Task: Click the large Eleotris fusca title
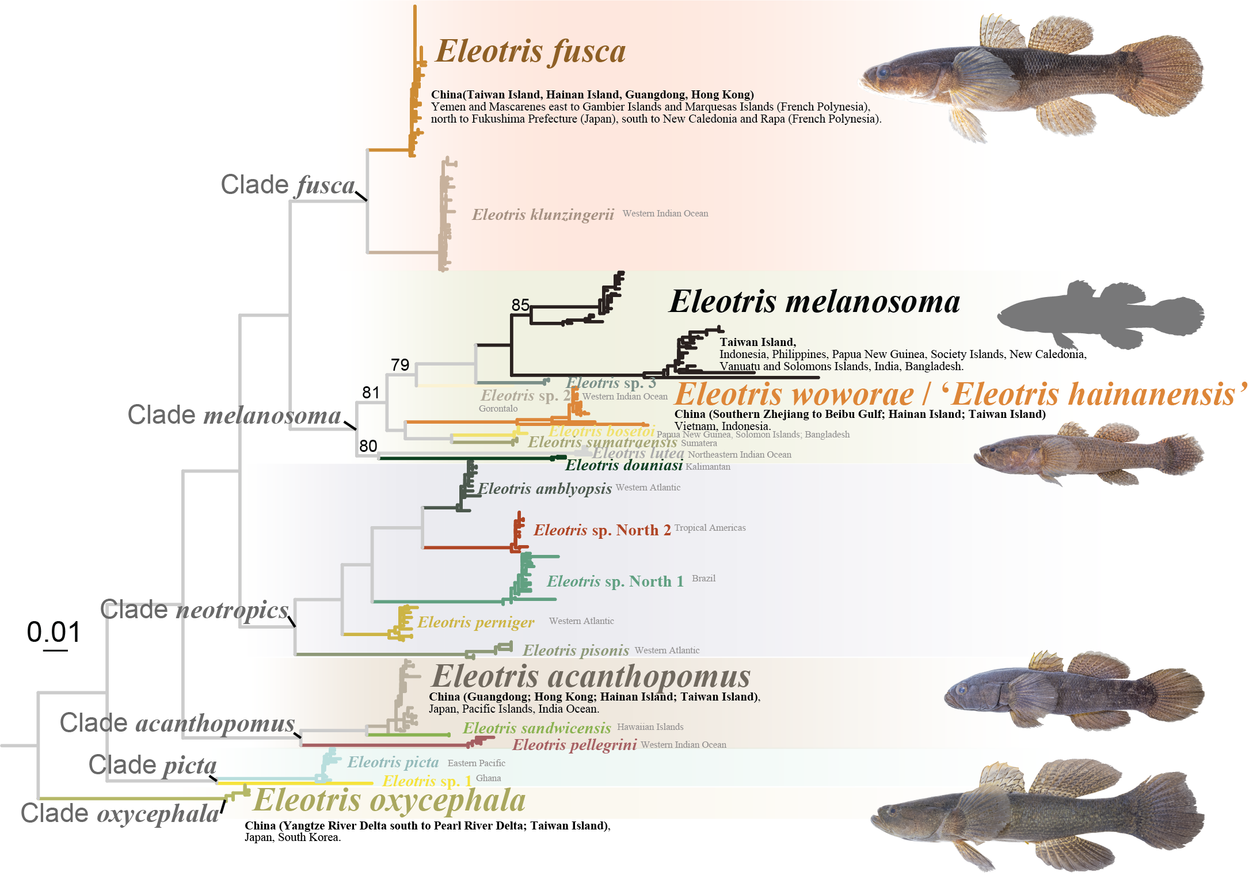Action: coord(530,52)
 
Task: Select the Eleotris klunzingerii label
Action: coord(543,215)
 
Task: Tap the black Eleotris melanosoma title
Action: coord(814,302)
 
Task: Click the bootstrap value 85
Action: coord(520,305)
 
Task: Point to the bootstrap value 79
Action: coord(400,365)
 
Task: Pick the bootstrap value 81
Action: coord(371,393)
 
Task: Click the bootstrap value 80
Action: coord(368,446)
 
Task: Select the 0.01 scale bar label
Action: coord(54,632)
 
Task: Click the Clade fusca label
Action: coord(288,185)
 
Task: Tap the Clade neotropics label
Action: coord(194,610)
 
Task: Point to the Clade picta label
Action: coord(153,766)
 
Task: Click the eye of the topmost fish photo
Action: coord(882,72)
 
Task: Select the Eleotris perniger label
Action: coord(475,622)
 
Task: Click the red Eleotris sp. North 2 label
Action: coord(601,530)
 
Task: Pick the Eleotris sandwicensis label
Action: coord(536,728)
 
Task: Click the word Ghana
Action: coord(488,778)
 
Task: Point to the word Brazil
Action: coord(703,579)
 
